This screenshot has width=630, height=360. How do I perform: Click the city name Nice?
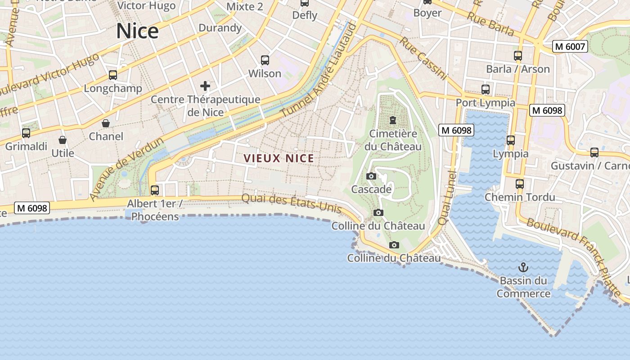(137, 31)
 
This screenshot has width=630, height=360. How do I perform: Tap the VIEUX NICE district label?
(279, 158)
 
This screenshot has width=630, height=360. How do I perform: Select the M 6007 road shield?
(570, 46)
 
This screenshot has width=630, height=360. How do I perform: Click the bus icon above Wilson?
(265, 60)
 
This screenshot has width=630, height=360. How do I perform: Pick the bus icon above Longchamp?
(113, 75)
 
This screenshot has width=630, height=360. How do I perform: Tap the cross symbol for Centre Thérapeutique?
(205, 85)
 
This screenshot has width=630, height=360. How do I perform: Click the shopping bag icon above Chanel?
(106, 123)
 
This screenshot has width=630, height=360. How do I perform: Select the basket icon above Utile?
(63, 140)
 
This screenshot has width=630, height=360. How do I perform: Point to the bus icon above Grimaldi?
(26, 133)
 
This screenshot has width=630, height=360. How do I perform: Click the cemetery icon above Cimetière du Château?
(393, 120)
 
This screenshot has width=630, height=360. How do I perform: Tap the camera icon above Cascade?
(371, 176)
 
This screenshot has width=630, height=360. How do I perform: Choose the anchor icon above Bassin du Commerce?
(523, 267)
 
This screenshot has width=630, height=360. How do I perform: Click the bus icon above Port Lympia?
(486, 89)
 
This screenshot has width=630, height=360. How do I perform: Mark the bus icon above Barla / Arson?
(518, 56)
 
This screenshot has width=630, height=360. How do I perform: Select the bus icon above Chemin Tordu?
(520, 184)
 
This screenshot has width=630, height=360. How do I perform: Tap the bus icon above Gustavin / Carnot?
(594, 153)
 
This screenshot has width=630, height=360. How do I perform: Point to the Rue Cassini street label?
(423, 58)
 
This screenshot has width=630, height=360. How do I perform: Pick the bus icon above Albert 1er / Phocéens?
(155, 190)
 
